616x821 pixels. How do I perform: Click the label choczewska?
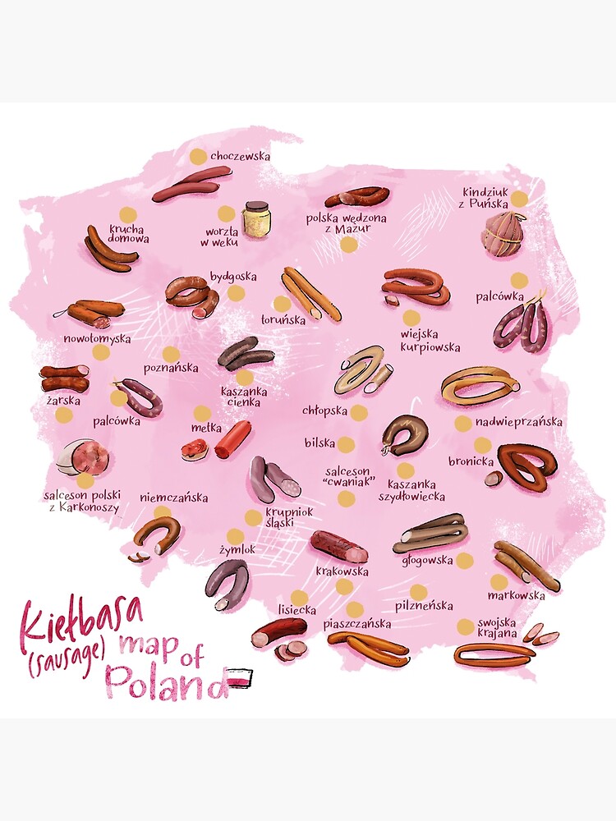[240, 155]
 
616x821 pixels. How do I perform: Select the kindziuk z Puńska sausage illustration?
[503, 233]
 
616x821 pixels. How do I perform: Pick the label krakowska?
[342, 571]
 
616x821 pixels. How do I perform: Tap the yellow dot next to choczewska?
[197, 156]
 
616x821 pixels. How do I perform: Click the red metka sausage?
[232, 439]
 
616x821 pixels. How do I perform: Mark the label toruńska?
[283, 319]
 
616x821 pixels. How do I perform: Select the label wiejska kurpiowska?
[430, 341]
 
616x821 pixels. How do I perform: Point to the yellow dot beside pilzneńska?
[418, 592]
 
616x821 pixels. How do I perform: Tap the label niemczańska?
[173, 497]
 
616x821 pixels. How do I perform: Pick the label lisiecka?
[298, 610]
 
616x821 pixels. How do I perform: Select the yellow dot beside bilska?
[346, 443]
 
